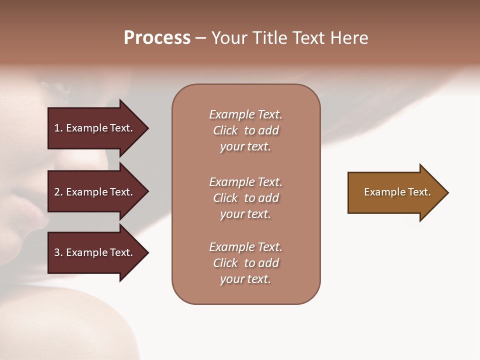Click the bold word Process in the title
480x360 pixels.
coord(157,38)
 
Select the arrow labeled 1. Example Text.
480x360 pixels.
coord(95,128)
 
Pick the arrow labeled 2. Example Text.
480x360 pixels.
coord(95,192)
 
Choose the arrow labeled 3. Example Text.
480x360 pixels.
coord(95,252)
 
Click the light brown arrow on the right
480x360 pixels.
coord(395,192)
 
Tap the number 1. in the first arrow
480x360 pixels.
coord(58,128)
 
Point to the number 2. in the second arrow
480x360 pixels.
coord(58,192)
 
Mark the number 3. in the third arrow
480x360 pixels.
coord(58,252)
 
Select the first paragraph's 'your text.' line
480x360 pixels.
coord(245,146)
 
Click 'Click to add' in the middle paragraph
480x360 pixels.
coord(245,198)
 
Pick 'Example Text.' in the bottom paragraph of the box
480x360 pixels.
coord(245,247)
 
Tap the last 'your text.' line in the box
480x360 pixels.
coord(245,279)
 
